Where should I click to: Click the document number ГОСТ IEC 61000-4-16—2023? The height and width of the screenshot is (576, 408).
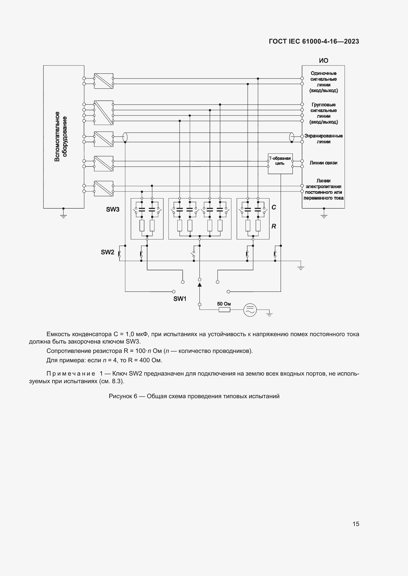[x=314, y=41]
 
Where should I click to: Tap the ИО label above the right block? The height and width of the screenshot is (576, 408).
[x=323, y=61]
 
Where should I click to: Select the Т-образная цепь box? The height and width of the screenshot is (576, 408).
[x=280, y=164]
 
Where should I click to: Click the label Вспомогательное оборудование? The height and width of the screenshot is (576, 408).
[x=61, y=136]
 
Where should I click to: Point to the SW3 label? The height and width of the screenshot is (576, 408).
[x=112, y=210]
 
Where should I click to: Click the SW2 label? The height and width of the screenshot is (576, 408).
[x=108, y=252]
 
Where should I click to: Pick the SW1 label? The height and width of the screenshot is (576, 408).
[x=180, y=299]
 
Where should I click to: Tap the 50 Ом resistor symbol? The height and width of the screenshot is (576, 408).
[x=224, y=310]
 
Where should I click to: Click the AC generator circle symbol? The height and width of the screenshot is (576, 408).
[x=250, y=310]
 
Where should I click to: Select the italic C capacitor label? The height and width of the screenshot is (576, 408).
[x=274, y=207]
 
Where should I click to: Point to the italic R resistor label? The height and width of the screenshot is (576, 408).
[x=274, y=226]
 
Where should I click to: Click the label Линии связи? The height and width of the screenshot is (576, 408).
[x=323, y=163]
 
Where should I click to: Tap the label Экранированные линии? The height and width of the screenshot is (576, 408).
[x=323, y=139]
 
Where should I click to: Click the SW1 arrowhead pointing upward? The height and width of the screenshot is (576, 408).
[x=200, y=284]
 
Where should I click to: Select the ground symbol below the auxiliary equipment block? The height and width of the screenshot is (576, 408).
[x=64, y=215]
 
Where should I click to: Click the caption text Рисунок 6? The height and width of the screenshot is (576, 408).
[x=123, y=396]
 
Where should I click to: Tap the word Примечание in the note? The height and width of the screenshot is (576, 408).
[x=71, y=374]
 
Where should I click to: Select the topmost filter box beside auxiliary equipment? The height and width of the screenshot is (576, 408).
[x=104, y=81]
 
